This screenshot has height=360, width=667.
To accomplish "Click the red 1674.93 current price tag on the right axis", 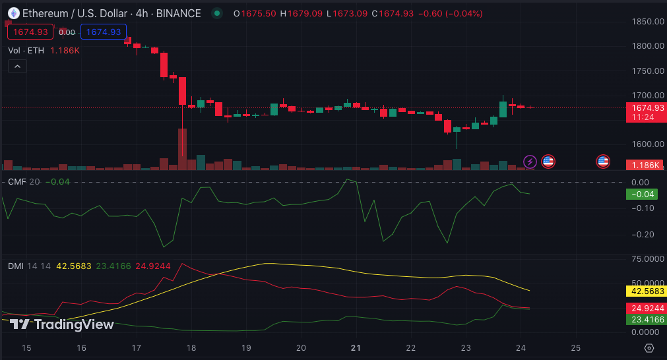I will point(645,108).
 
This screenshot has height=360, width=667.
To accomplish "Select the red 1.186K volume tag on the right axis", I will point(645,165).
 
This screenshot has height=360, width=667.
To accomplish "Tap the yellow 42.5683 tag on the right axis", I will point(645,291).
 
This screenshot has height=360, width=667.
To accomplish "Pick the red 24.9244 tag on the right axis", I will point(645,308).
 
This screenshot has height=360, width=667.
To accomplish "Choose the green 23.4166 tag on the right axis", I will point(645,319).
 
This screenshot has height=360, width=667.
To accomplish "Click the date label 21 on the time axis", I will point(356,347).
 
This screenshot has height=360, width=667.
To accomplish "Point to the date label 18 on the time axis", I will point(191,347).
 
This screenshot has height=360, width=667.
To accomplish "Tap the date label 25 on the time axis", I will point(575,347).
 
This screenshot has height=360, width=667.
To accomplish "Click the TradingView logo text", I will point(63,324).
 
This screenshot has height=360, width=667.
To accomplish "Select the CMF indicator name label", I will point(16,182).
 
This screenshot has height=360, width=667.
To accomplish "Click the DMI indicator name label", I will point(16,266).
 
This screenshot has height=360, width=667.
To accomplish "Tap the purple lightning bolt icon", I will point(530,161).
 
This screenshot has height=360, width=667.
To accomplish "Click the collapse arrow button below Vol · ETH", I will point(17,66).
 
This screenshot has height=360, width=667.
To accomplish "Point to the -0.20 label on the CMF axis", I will point(642,235).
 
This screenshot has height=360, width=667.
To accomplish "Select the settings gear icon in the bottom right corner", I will point(649,347).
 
